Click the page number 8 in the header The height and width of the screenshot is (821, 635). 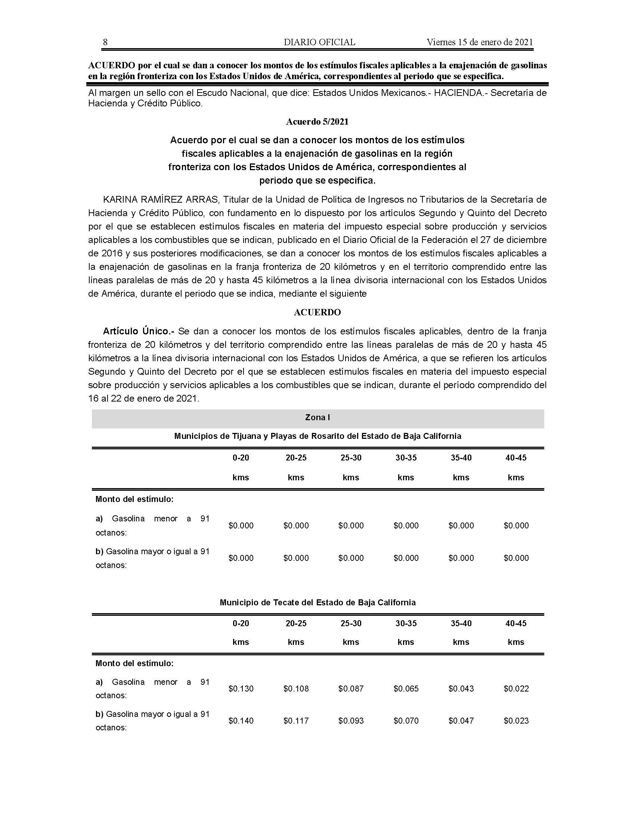point(105,42)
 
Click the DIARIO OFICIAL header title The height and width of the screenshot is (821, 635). point(319,42)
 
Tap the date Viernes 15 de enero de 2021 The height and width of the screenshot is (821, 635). point(480,42)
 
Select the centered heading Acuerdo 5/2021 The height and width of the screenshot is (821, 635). point(317,122)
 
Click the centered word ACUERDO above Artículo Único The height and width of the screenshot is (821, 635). point(317,312)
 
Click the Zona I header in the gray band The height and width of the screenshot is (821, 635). point(317,417)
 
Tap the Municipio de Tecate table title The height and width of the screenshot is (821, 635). point(317,603)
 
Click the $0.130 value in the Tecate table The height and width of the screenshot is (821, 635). point(241,689)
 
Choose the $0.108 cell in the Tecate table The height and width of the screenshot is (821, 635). point(296,689)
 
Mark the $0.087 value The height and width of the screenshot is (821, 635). point(351,689)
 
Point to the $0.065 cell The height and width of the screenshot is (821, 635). point(406,689)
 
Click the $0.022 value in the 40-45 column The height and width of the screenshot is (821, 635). point(516,689)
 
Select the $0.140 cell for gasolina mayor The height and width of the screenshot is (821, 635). point(241,721)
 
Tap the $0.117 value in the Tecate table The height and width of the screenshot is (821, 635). point(296,721)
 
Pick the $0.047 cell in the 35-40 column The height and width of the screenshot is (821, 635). point(461,721)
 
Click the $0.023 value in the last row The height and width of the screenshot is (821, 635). point(516,721)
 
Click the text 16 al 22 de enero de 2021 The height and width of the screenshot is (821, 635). point(143,399)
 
